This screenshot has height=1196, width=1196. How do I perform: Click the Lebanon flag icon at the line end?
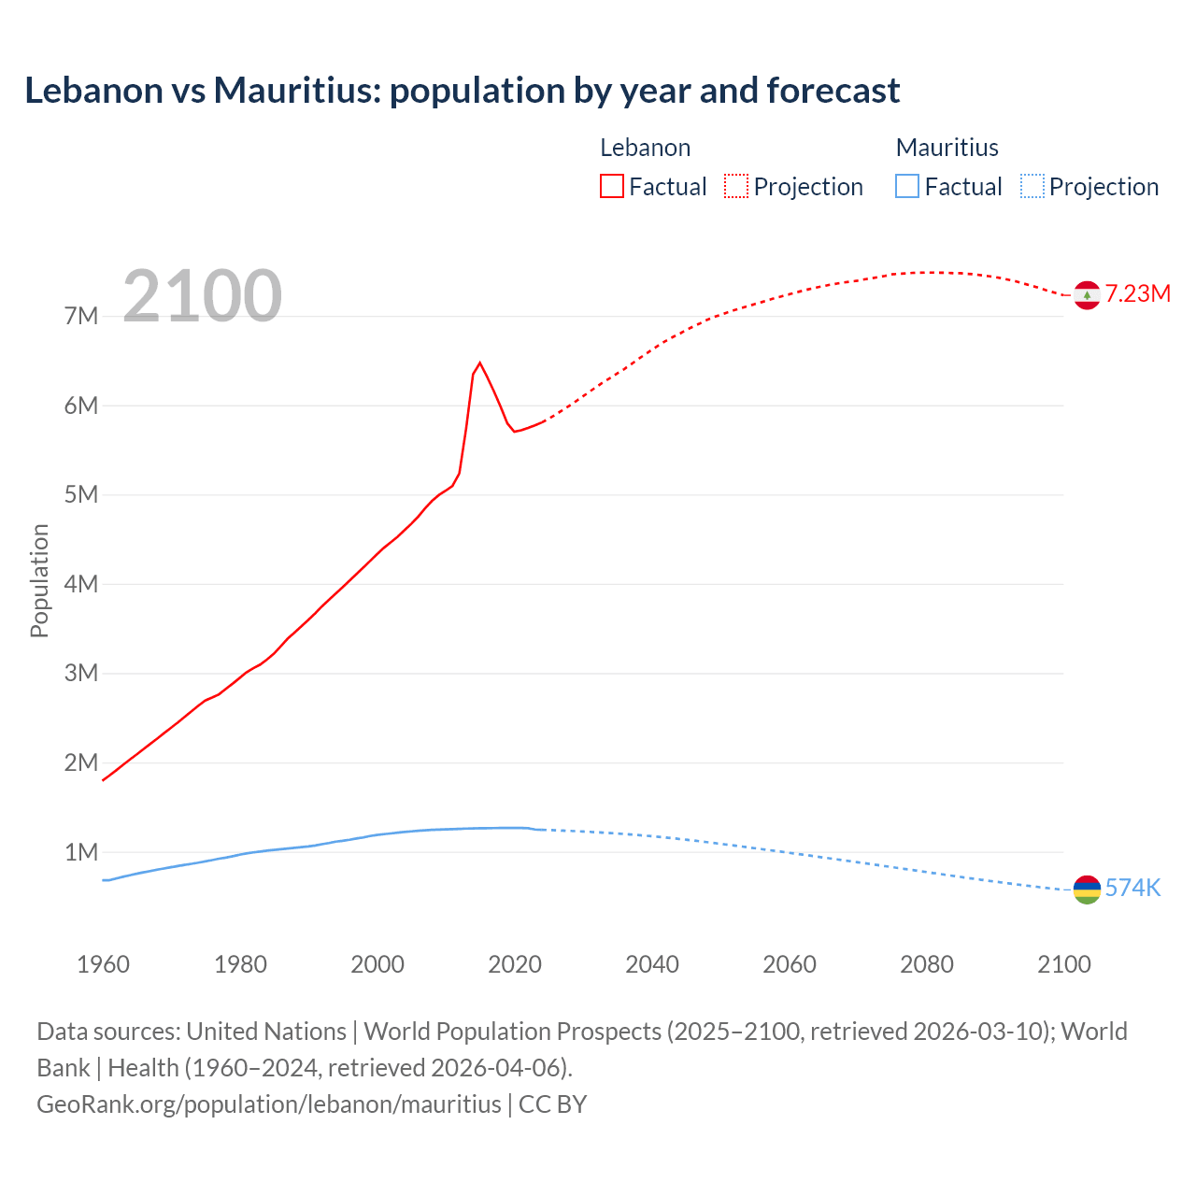pos(1086,295)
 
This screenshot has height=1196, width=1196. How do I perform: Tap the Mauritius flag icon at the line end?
pos(1086,890)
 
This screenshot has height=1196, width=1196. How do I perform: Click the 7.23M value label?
pos(1137,293)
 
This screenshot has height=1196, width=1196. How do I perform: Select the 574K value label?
pos(1132,888)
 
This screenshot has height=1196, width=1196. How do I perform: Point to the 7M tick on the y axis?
pos(81,316)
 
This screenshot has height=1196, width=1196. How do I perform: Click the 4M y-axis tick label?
pos(81,584)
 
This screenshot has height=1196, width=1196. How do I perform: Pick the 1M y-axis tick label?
pos(81,852)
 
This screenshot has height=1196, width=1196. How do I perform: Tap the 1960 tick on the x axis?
pos(103,964)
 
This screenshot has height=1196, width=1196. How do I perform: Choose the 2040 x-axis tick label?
pos(652,964)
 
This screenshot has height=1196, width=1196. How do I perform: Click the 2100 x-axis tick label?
pos(1063,964)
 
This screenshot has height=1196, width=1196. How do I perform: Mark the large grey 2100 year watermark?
pos(202,296)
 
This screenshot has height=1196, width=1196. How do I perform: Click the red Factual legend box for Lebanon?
pos(612,187)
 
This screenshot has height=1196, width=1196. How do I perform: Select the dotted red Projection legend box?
pos(736,187)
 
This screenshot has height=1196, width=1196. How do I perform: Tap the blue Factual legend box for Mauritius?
pos(907,187)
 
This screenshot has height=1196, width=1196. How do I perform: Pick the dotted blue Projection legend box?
pos(1032,187)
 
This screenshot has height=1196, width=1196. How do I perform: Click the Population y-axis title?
pos(39,580)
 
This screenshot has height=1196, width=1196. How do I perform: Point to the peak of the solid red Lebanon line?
pos(479,363)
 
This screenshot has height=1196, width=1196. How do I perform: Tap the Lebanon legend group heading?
pos(645,148)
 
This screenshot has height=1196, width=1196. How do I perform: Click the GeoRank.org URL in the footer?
pos(269,1103)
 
